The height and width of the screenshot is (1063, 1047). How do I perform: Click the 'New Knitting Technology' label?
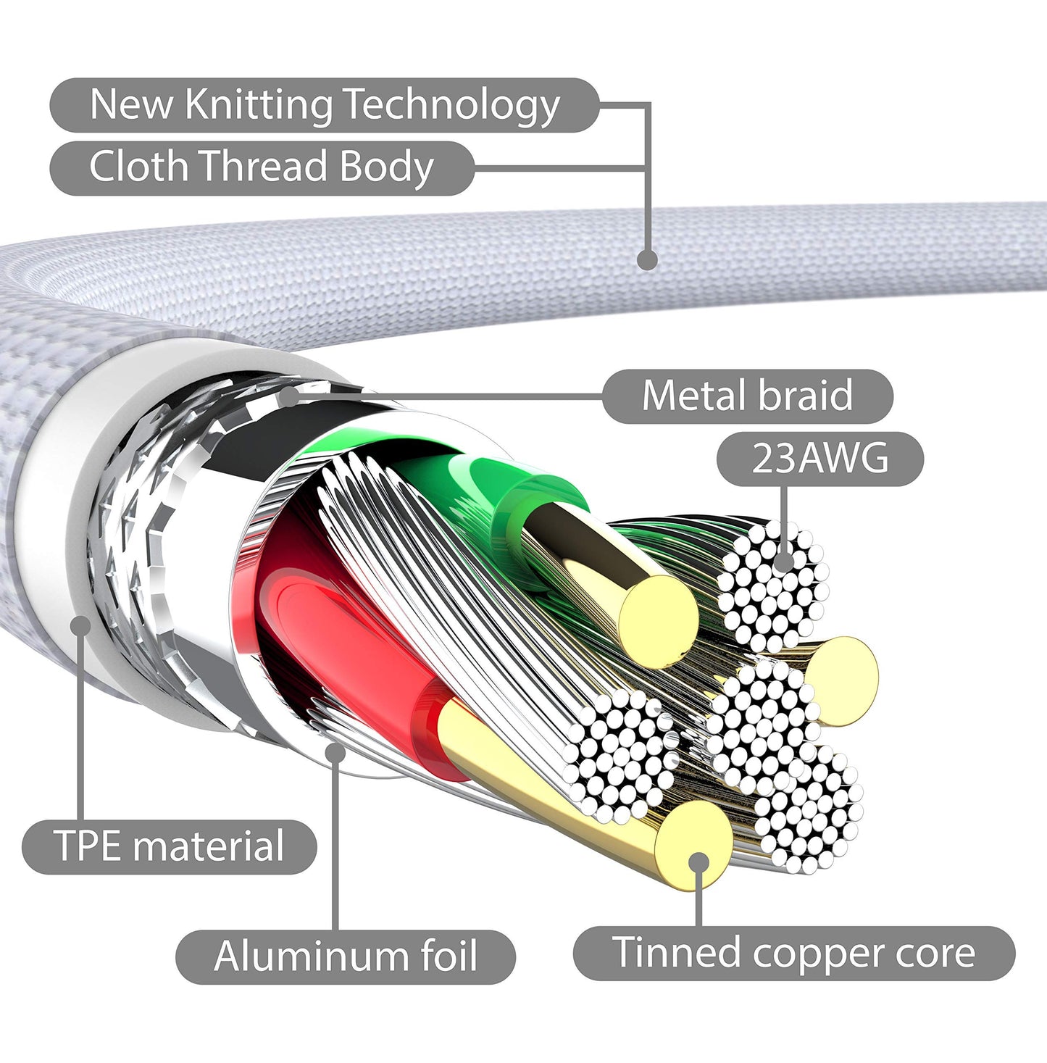pos(325,105)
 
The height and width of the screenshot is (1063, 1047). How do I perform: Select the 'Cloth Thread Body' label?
pos(262,167)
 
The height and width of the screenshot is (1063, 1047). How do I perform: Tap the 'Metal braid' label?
pos(747,396)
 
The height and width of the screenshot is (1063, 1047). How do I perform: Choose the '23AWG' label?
pos(820,459)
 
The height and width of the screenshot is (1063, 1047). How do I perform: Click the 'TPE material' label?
pos(170,846)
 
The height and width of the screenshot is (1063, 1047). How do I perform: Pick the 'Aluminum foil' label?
pos(346,956)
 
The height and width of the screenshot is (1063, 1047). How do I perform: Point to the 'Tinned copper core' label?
pos(794,954)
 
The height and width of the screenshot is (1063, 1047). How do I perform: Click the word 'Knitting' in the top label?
pos(258,105)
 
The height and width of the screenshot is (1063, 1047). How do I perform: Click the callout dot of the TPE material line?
pos(81,625)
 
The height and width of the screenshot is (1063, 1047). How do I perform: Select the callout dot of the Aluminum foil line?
pos(335,752)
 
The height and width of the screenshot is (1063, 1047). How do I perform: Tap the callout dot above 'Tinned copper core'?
pos(699,863)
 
